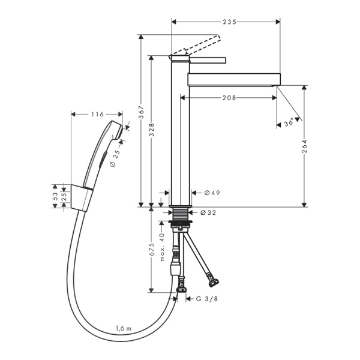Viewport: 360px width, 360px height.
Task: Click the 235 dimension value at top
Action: pos(226,22)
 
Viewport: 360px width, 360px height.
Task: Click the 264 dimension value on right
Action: pos(304,146)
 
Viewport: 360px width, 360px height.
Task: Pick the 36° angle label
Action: pos(289,121)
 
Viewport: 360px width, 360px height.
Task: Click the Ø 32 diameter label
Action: pos(208,212)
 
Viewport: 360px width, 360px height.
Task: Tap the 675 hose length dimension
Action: pos(152,250)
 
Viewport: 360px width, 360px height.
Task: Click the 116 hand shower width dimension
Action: pos(97,114)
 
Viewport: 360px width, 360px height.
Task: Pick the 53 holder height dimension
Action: pos(55,196)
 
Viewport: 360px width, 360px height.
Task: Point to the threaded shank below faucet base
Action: pos(179,214)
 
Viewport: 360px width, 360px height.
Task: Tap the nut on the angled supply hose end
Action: pos(212,280)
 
